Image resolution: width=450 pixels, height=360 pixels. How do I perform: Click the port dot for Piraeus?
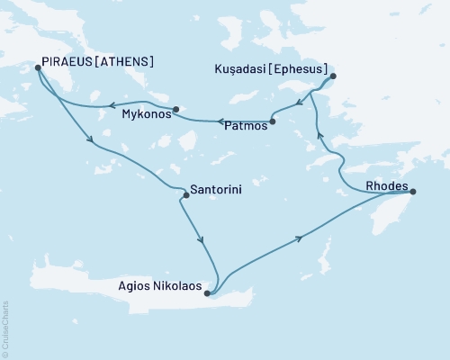click(38, 67)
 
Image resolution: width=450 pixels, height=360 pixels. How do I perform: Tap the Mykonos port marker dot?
click(176, 109)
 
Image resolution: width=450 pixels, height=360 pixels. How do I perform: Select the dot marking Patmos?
click(273, 121)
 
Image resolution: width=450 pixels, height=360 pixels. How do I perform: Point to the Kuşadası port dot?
click(332, 76)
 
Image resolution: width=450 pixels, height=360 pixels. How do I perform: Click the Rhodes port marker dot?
click(412, 190)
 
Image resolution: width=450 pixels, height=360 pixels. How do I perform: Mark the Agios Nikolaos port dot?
click(208, 292)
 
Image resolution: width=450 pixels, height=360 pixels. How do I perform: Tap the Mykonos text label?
click(145, 115)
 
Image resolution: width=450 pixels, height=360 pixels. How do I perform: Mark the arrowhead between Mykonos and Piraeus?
click(110, 105)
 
